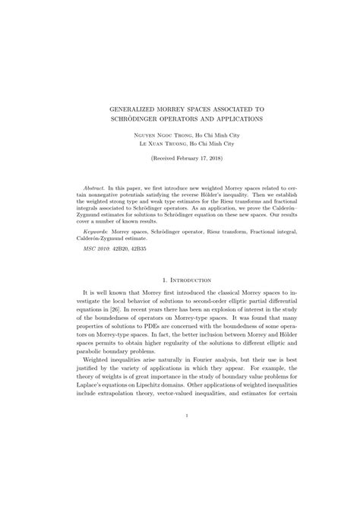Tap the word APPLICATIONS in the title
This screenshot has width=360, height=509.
coord(229,119)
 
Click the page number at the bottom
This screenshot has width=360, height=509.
coord(180,416)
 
